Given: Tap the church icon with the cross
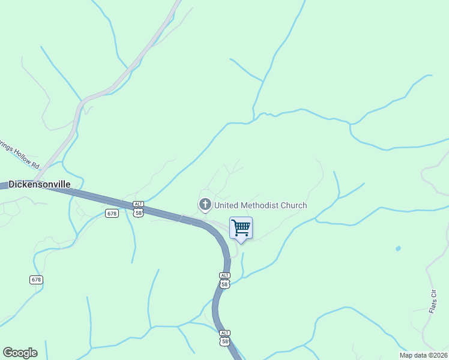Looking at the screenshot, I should click(x=205, y=205).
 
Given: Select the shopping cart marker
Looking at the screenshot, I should click(x=241, y=229).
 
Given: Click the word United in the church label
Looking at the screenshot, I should click(x=228, y=205).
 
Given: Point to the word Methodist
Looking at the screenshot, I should click(x=261, y=205).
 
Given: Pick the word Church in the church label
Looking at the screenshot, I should click(x=294, y=205).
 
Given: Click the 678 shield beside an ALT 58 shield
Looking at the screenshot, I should click(x=112, y=214).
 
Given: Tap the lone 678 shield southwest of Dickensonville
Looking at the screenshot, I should click(x=36, y=280).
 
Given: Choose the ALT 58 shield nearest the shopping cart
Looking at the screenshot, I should click(x=224, y=280).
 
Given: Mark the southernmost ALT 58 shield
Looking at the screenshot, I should click(x=224, y=337).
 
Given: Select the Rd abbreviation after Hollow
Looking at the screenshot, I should click(x=36, y=165).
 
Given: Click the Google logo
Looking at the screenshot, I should click(x=20, y=353).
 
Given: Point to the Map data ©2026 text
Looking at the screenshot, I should click(x=423, y=355).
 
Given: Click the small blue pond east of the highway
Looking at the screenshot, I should click(x=398, y=248).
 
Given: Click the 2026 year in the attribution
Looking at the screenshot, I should click(x=438, y=355).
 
